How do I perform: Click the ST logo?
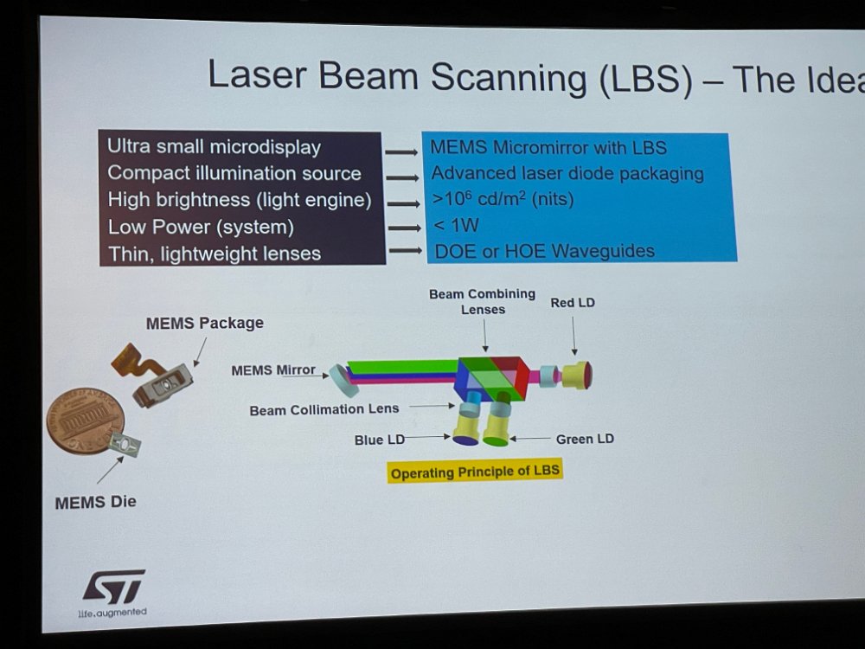tap(113, 587)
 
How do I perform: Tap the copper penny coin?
tap(85, 420)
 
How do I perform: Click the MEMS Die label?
tap(95, 502)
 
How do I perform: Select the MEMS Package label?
tap(205, 323)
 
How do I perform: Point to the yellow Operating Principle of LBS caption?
tap(475, 472)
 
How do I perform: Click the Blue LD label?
tap(380, 440)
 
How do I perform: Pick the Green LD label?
tap(585, 439)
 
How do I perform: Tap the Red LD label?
tap(573, 302)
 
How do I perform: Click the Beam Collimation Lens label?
tap(324, 409)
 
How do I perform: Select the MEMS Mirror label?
tap(273, 369)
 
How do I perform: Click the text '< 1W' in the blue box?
tap(456, 225)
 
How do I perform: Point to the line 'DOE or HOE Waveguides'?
tap(544, 251)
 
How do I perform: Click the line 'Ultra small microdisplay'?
tap(214, 147)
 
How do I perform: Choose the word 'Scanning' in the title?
tap(508, 77)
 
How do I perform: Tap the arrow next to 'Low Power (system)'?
tap(404, 228)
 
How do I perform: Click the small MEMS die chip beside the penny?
tap(125, 444)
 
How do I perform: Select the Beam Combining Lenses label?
tap(482, 301)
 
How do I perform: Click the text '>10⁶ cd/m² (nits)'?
tap(503, 198)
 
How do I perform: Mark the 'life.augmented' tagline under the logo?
tap(112, 612)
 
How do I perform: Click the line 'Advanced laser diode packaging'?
tap(567, 173)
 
